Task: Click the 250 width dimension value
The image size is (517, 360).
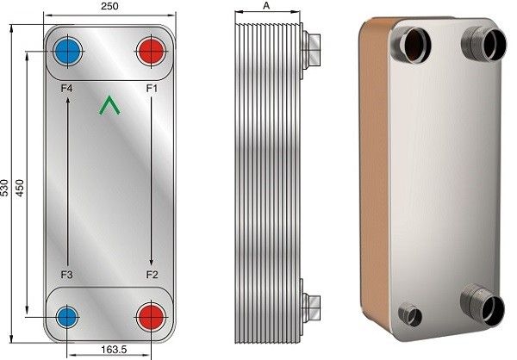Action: [x=109, y=6]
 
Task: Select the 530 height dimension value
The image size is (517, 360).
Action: [x=4, y=188]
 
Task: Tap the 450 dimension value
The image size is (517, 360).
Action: [x=20, y=188]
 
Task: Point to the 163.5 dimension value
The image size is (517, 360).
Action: [x=114, y=349]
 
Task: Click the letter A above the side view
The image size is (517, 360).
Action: [x=266, y=6]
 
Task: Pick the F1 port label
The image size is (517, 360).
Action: [x=152, y=89]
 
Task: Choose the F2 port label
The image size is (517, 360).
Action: [x=152, y=274]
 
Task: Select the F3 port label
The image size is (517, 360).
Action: [x=66, y=274]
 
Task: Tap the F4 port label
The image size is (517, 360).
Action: [x=66, y=89]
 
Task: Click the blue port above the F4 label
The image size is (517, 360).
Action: [x=67, y=52]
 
